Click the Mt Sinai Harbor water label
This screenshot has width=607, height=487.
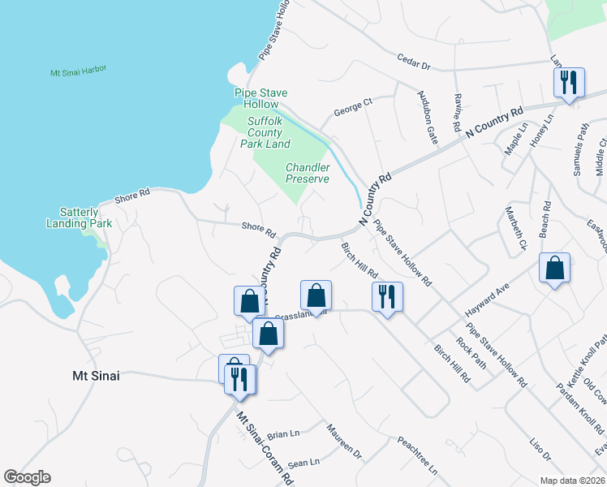click(79, 72)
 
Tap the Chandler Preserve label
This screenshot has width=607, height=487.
click(308, 173)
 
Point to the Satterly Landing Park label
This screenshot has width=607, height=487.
click(79, 217)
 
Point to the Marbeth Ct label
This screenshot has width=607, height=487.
click(517, 232)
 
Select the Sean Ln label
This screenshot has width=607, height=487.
click(303, 463)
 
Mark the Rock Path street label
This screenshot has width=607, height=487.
click(471, 352)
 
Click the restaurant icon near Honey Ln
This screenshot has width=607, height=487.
click(567, 83)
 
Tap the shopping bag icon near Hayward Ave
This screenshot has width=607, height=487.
click(554, 269)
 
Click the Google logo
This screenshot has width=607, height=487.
click(27, 477)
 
